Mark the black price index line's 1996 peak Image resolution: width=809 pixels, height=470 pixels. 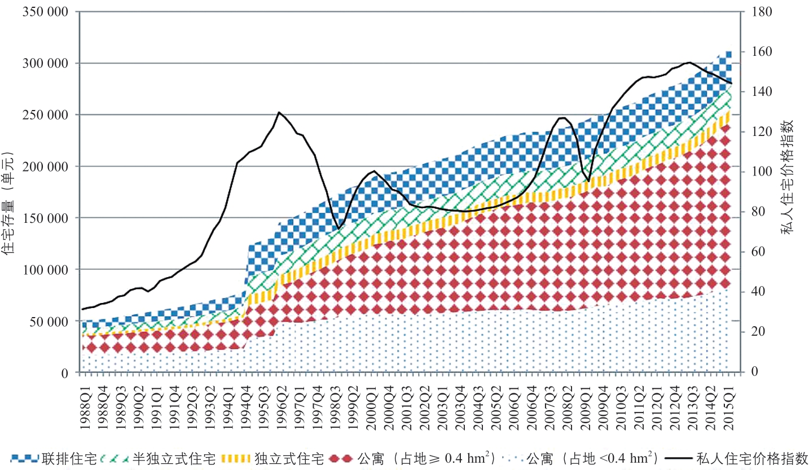[279, 112]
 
